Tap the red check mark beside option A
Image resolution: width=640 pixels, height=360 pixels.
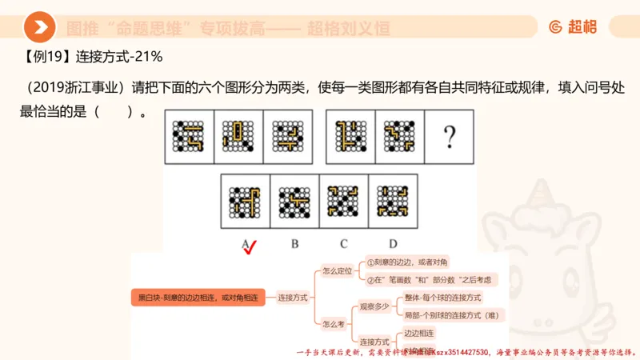pos(250,248)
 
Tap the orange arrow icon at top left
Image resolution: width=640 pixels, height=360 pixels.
pos(39,28)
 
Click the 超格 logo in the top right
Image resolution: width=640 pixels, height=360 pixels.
pos(573,28)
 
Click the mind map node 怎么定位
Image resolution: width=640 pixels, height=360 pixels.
pos(336,270)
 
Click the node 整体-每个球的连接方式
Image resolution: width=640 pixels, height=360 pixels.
pos(442,298)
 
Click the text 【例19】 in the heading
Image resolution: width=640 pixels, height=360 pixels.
pos(46,57)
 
